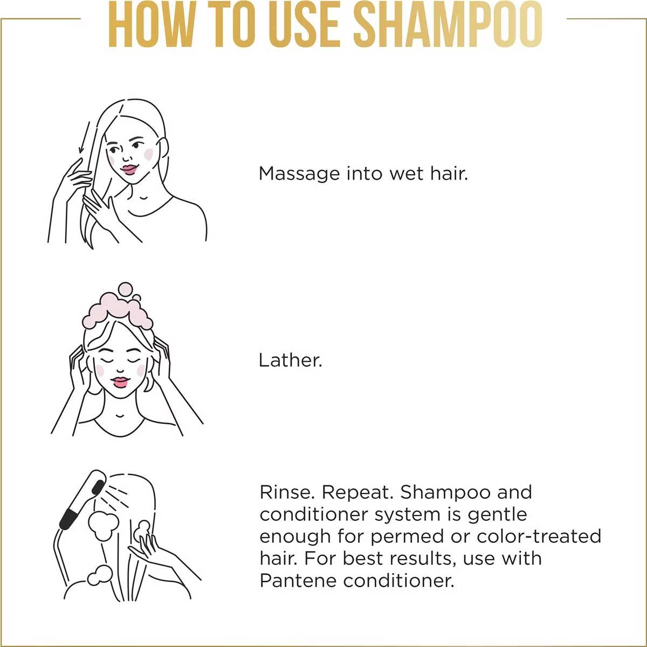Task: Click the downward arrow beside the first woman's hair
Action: coord(84,137)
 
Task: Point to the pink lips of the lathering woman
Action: coord(121,381)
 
